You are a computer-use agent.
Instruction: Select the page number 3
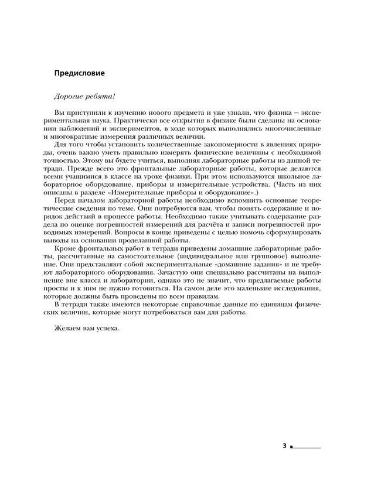(x=284, y=446)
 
